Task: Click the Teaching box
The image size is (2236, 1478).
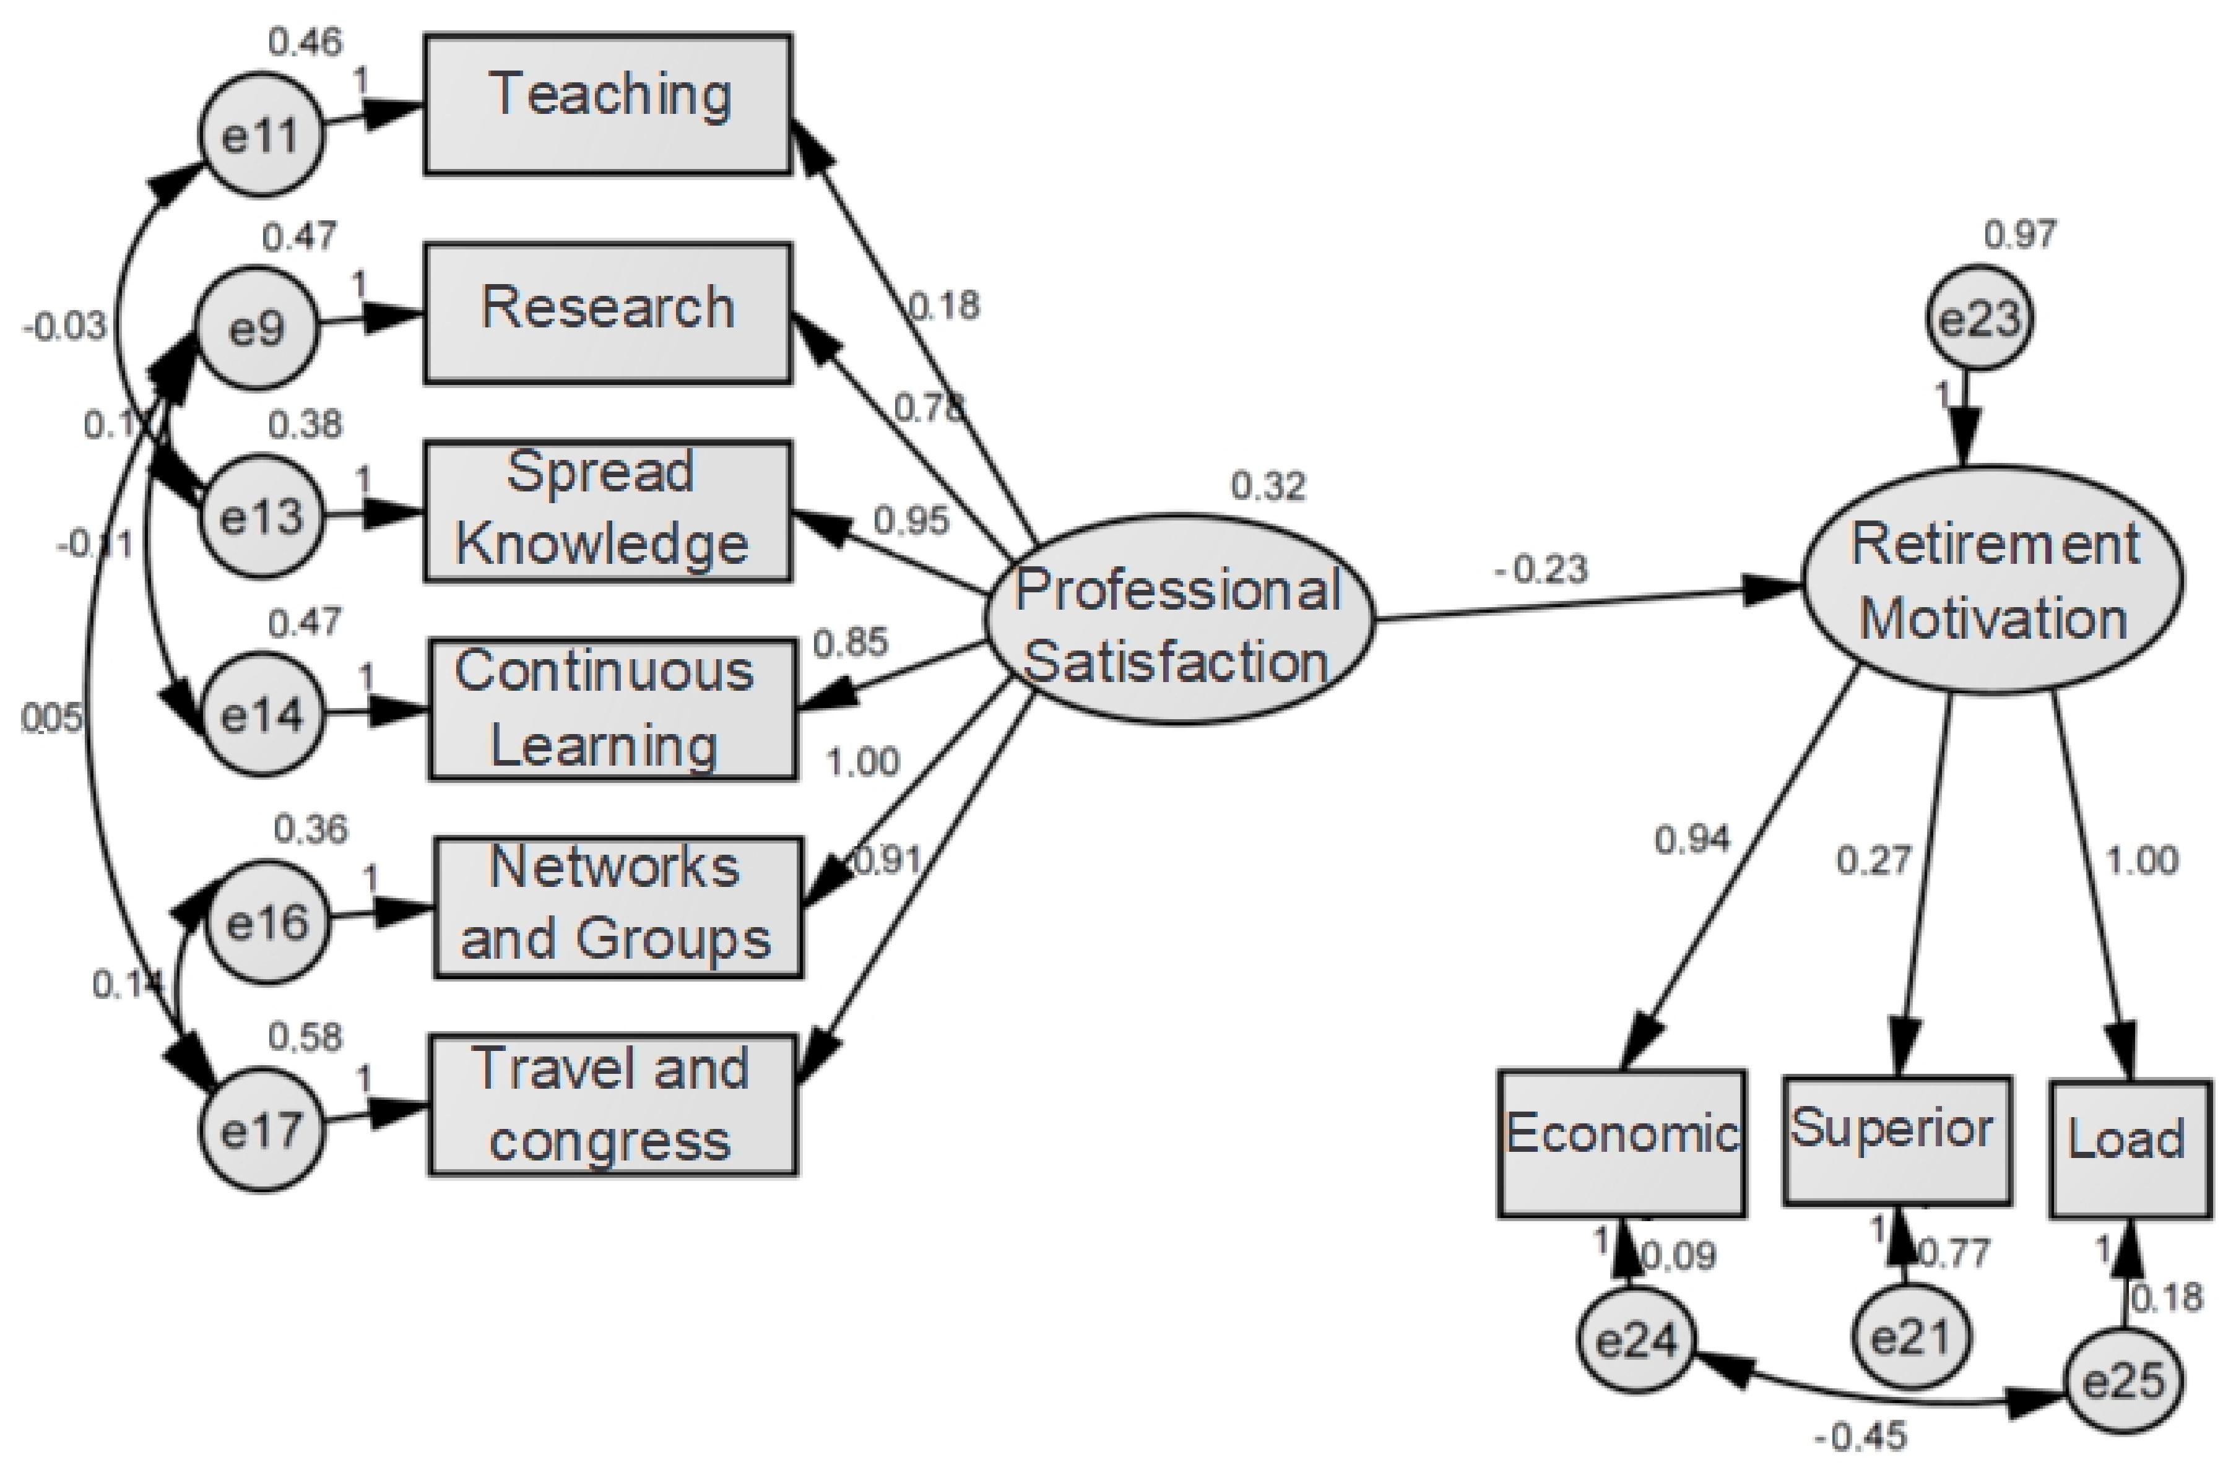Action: tap(608, 105)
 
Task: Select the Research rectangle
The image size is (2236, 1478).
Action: tap(608, 314)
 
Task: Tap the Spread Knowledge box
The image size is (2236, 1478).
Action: tap(608, 511)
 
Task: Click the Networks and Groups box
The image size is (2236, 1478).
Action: tap(617, 907)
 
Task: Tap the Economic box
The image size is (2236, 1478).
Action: tap(1621, 1143)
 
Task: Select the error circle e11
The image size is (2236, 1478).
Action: tap(261, 136)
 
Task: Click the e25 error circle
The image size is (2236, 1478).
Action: tap(2124, 1383)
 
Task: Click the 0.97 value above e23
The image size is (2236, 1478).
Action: tap(2019, 234)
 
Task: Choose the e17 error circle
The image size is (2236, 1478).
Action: tap(261, 1130)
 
